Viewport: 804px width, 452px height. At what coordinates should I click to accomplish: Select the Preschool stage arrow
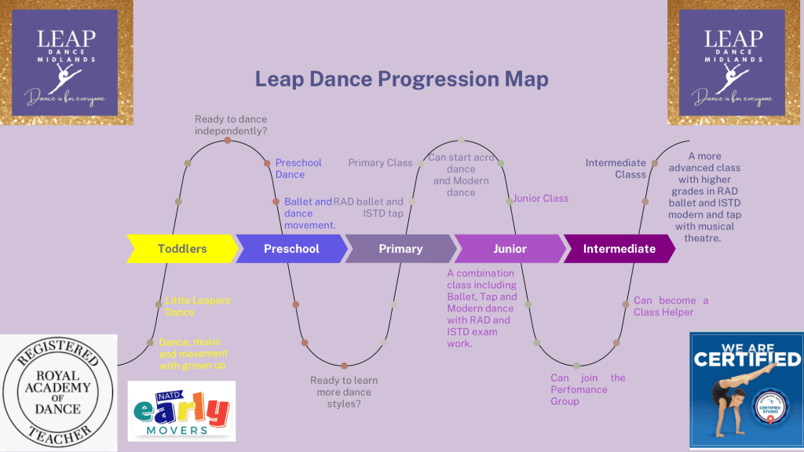coord(291,249)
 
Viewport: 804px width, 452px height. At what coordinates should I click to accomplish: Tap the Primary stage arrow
coord(400,249)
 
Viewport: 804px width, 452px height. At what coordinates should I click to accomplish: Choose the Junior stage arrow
coord(510,249)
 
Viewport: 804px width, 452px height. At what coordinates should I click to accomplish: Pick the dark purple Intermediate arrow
coord(619,249)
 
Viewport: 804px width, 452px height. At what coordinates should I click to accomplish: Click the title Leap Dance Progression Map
coord(401,79)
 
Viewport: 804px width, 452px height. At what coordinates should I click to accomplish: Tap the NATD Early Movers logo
coord(181,410)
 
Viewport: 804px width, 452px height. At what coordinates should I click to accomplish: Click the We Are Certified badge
coord(745,390)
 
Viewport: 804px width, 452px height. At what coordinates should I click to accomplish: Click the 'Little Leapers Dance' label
coord(197,306)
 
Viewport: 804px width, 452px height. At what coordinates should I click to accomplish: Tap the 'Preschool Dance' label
coord(298,169)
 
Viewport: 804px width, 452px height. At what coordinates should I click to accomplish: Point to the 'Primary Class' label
coord(380,163)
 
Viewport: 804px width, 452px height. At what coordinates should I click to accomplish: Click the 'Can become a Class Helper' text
coord(671,306)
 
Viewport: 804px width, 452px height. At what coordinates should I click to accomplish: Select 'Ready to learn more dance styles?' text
coord(343,392)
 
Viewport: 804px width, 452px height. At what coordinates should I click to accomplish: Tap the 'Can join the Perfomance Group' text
coord(587,389)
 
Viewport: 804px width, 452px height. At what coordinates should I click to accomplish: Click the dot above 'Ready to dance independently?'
coord(228,140)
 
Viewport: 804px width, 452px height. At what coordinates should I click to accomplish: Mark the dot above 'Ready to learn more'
coord(344,366)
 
